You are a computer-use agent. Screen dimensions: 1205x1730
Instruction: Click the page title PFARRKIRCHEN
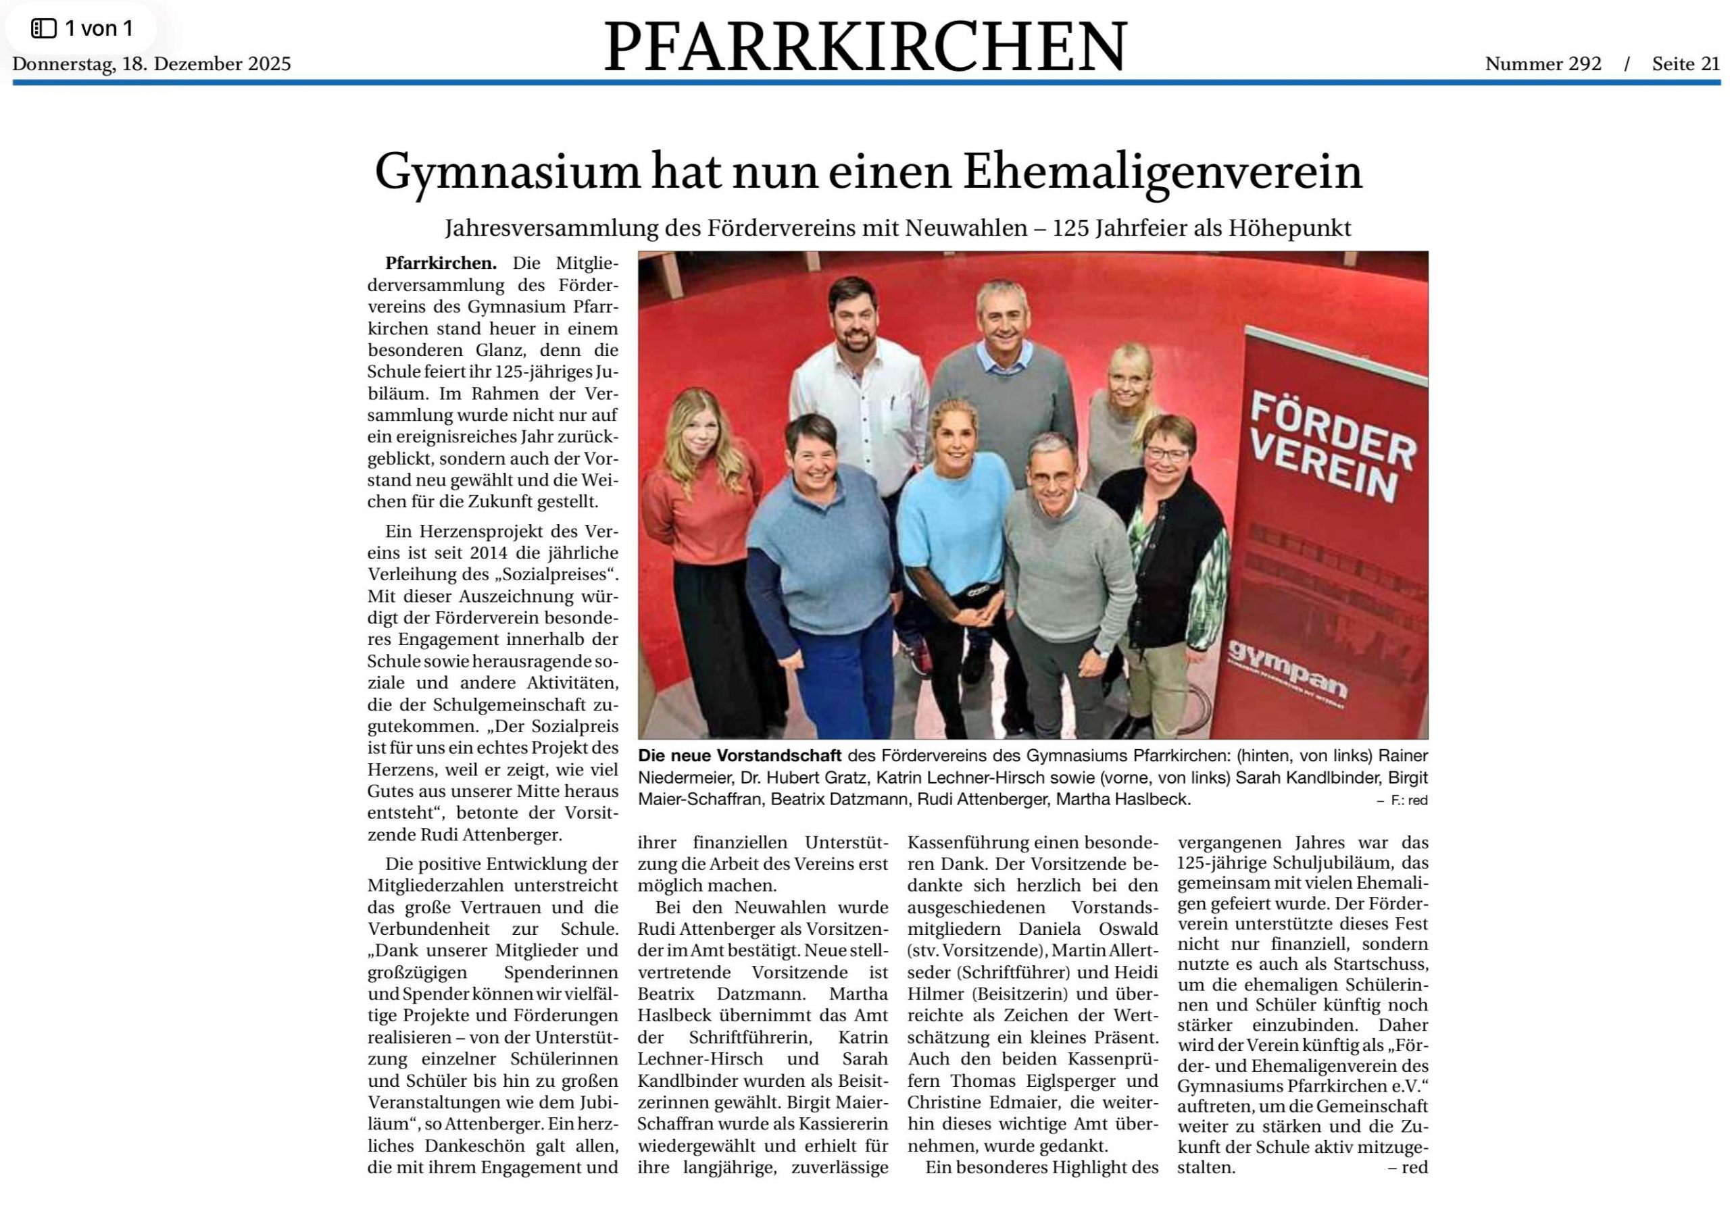[x=864, y=47]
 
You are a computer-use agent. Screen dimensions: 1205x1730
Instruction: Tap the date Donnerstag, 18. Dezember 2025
[x=151, y=64]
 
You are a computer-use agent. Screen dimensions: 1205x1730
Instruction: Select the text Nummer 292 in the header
[x=1542, y=64]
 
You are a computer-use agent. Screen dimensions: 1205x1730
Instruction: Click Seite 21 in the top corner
[x=1685, y=64]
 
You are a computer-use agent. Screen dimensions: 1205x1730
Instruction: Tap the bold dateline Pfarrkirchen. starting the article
[x=441, y=263]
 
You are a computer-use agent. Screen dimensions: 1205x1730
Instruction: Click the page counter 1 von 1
[x=98, y=28]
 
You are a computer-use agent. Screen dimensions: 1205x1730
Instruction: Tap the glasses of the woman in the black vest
[x=1165, y=453]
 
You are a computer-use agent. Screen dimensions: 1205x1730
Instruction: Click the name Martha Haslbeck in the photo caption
[x=1122, y=799]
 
